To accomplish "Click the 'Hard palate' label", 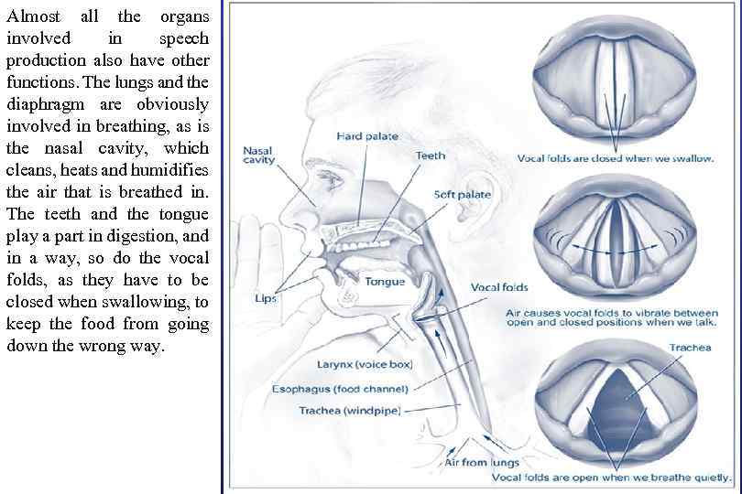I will (x=367, y=136).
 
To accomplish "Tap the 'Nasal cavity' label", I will (x=258, y=156).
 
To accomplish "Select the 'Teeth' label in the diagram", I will (x=431, y=156).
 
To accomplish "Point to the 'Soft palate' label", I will (x=462, y=194).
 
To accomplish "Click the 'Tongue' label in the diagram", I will (x=385, y=281).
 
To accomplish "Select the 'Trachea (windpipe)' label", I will (x=349, y=410).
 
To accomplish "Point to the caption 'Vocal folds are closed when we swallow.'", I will (x=615, y=158).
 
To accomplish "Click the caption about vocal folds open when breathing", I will (x=612, y=477).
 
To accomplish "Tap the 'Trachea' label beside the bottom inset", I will (x=689, y=348).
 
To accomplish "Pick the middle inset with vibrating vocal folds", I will (x=615, y=240).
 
